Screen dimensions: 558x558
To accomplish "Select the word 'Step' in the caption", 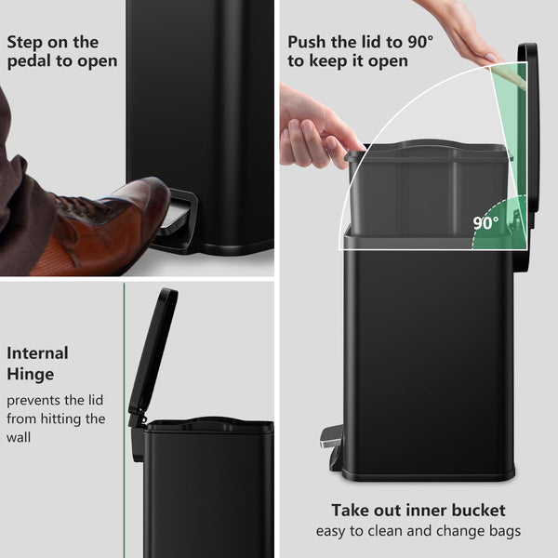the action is [x=24, y=43].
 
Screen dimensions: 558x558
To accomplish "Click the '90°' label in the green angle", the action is [x=485, y=223].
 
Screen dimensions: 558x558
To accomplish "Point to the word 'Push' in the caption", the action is [x=307, y=42].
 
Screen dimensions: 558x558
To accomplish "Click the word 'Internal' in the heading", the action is [x=37, y=353].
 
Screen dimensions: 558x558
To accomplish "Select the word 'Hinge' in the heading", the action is [x=31, y=375].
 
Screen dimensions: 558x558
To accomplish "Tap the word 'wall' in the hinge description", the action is [x=19, y=437].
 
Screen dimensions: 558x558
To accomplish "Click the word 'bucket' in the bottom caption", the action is [x=478, y=511].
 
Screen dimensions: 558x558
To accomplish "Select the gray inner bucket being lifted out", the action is [x=427, y=189].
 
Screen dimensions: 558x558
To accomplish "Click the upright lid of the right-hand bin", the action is [x=528, y=135].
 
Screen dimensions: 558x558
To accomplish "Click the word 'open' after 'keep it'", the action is [x=388, y=61].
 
